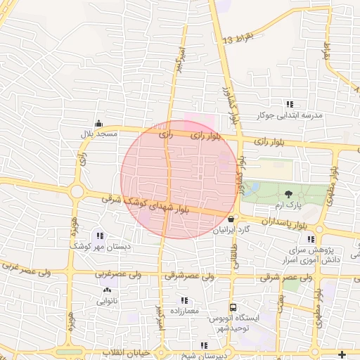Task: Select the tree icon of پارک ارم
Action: [288, 193]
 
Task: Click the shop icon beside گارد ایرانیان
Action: [231, 219]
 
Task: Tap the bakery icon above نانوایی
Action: [107, 290]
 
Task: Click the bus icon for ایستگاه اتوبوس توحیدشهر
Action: [233, 307]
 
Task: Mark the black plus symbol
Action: [342, 353]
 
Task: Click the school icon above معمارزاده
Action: [185, 300]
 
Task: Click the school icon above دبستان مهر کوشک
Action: [101, 237]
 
